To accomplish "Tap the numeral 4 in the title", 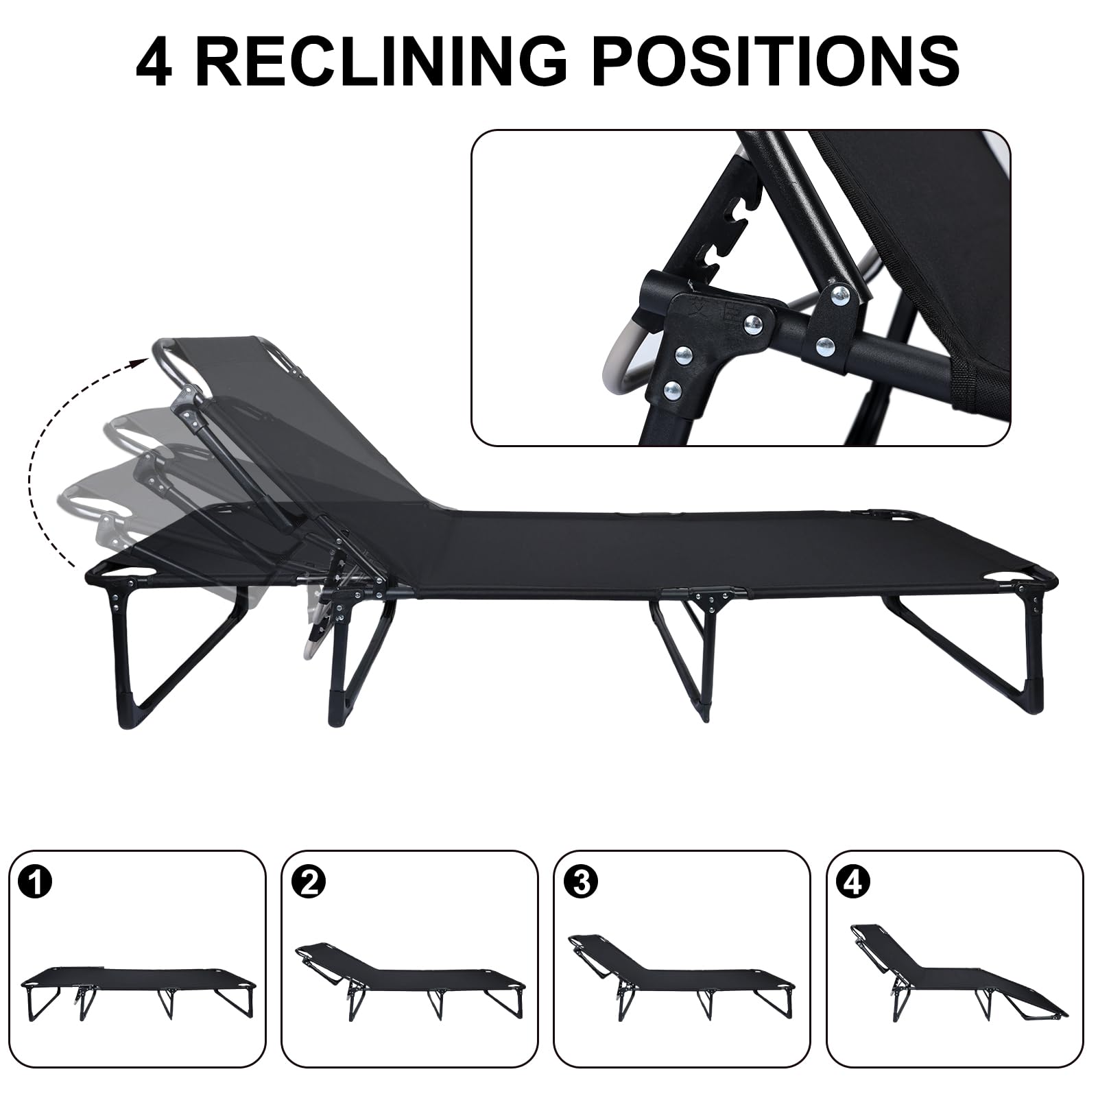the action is (x=155, y=61).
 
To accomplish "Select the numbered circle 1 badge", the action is (x=36, y=883).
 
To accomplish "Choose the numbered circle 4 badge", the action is (x=852, y=883).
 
